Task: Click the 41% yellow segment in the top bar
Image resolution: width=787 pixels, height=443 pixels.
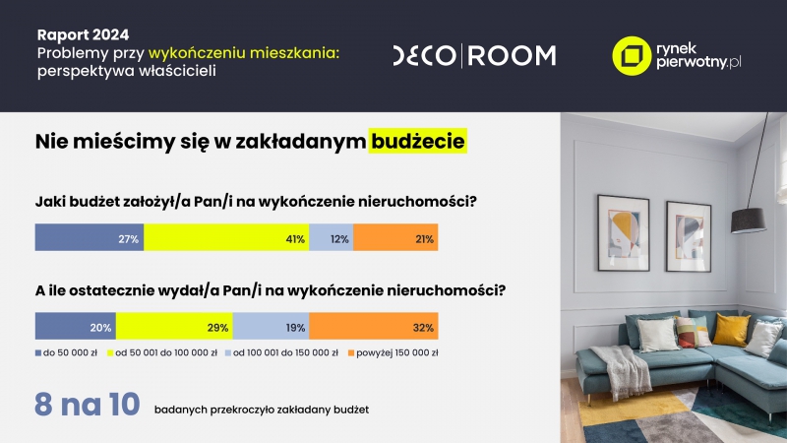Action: [226, 237]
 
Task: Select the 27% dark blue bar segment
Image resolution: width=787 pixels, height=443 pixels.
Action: [90, 237]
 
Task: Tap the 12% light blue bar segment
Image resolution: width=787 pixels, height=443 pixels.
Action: [332, 237]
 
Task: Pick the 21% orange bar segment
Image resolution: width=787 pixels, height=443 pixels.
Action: [395, 237]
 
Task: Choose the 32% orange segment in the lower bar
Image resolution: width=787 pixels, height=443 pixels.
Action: [374, 326]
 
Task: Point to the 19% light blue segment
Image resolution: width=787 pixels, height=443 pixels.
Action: [272, 326]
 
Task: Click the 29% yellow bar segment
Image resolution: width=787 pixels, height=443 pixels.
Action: [174, 326]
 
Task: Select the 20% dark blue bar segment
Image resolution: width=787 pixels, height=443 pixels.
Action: [76, 326]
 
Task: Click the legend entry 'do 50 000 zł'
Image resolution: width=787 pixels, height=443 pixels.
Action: [66, 353]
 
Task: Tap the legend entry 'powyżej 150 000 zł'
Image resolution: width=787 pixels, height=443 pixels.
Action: [393, 353]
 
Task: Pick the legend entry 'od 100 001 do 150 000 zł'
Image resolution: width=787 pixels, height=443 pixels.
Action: [281, 353]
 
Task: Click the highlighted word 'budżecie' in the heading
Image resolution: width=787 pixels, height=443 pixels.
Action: [417, 141]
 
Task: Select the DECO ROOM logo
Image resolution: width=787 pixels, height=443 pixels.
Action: [474, 55]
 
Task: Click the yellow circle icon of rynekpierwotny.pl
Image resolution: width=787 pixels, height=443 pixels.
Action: [632, 56]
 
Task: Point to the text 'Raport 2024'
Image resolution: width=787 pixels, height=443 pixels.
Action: [83, 34]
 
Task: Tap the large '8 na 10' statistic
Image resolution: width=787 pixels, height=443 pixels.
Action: [87, 405]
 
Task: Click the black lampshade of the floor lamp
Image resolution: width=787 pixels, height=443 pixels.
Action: [749, 220]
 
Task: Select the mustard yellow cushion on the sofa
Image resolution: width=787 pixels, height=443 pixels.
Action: [731, 330]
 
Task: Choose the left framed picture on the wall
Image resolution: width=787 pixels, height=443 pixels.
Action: [624, 233]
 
